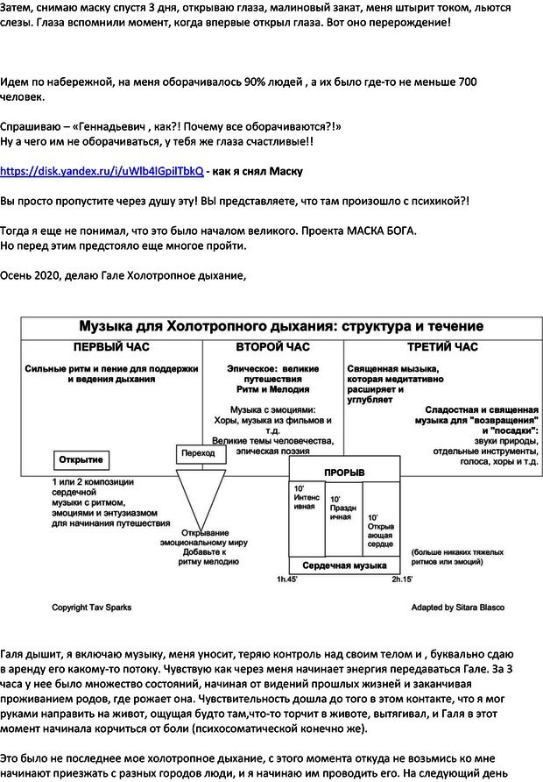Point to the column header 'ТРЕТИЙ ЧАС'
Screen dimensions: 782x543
point(442,347)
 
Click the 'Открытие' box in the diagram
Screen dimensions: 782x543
point(81,459)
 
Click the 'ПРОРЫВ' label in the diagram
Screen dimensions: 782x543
point(344,473)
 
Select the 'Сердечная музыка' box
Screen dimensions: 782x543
point(344,565)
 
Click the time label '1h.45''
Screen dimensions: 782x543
point(286,579)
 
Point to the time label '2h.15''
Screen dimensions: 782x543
point(402,579)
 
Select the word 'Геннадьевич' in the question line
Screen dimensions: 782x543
point(114,127)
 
